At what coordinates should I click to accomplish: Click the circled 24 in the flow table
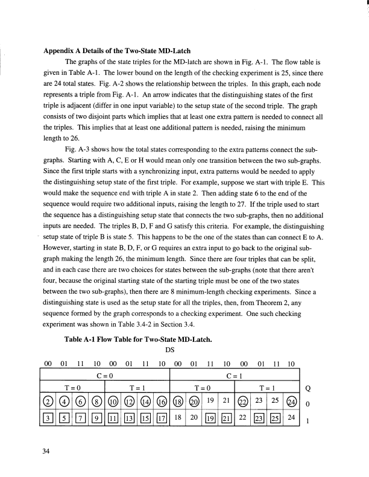pyautogui.click(x=291, y=400)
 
